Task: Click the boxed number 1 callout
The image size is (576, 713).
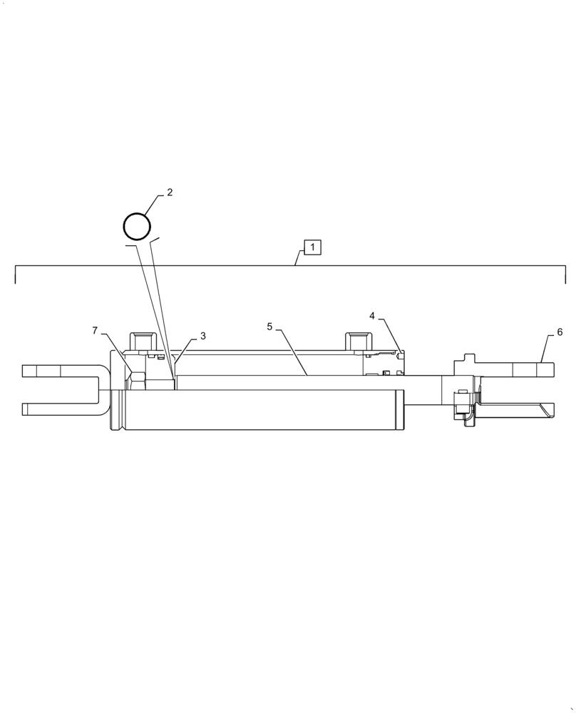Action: click(x=313, y=247)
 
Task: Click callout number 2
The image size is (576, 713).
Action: click(x=170, y=193)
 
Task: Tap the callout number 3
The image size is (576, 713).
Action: click(x=202, y=336)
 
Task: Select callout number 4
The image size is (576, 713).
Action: click(x=372, y=315)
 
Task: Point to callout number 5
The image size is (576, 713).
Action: click(x=269, y=327)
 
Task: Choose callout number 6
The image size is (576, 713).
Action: click(x=560, y=332)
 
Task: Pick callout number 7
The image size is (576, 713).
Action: click(x=95, y=331)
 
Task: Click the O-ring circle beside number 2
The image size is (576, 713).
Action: click(x=137, y=227)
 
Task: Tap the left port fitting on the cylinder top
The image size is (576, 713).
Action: click(x=140, y=342)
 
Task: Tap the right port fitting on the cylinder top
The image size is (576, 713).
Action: click(x=357, y=342)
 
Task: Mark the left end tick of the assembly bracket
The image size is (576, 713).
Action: click(x=16, y=275)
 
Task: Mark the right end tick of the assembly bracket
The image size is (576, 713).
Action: click(x=565, y=275)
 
